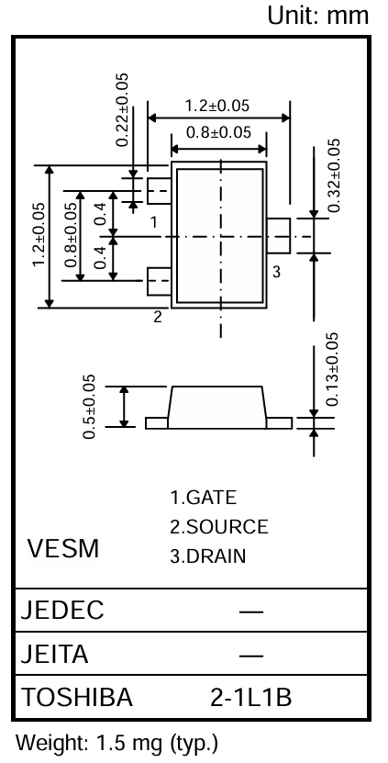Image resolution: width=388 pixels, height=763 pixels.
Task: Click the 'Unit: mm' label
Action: pos(318,16)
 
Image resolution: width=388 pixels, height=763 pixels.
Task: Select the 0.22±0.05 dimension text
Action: pos(123,109)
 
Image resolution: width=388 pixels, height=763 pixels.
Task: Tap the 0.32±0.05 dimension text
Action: pos(334,175)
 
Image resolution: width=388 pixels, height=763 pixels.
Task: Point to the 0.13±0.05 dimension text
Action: pos(333,369)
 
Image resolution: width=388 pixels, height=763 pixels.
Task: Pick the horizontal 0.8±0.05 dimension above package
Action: pos(219,132)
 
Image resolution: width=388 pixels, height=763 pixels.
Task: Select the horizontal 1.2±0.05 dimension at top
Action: pos(216,105)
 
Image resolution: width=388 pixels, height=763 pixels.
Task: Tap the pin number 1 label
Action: pos(154,222)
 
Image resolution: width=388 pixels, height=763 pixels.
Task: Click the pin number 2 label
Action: pos(158,317)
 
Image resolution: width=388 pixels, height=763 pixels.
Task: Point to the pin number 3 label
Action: pos(276,272)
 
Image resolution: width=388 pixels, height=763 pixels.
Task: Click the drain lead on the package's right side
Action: pos(279,236)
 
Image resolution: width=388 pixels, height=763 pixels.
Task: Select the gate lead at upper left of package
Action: pos(159,190)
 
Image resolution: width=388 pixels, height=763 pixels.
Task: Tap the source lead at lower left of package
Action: pos(159,281)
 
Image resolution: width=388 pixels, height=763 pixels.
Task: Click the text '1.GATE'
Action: pos(204,498)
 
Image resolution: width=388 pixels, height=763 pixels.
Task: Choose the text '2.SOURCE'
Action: pos(219,526)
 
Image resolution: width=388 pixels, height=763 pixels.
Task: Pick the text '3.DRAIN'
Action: pos(207,555)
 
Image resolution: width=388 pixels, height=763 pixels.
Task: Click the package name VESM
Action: pos(63,548)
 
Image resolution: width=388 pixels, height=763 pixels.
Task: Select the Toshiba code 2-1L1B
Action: pos(251,698)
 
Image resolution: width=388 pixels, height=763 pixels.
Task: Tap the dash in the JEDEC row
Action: pos(251,612)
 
